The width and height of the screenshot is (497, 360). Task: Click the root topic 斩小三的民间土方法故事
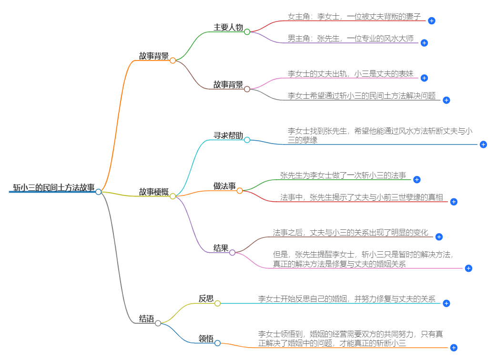pyautogui.click(x=53, y=187)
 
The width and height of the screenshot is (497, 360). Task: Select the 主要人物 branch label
pyautogui.click(x=228, y=27)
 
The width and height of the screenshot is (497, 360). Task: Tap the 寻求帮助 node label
pyautogui.click(x=228, y=135)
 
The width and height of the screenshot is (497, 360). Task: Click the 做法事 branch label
pyautogui.click(x=224, y=186)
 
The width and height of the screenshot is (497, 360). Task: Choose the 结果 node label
pyautogui.click(x=221, y=248)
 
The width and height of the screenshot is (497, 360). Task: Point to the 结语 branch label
pyautogui.click(x=146, y=319)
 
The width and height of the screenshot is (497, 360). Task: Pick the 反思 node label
pyautogui.click(x=206, y=299)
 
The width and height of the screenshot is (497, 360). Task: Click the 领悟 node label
pyautogui.click(x=206, y=339)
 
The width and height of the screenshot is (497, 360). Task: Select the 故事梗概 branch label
pyautogui.click(x=153, y=192)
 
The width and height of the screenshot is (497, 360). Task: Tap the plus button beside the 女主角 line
pyautogui.click(x=432, y=21)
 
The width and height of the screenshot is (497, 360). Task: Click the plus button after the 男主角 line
pyautogui.click(x=424, y=42)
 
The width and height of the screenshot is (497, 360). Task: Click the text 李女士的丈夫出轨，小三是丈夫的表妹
pyautogui.click(x=350, y=74)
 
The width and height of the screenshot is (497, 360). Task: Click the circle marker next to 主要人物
pyautogui.click(x=247, y=32)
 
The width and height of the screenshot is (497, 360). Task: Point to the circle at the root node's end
pyautogui.click(x=98, y=192)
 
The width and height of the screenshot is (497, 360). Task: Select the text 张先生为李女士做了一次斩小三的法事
pyautogui.click(x=343, y=175)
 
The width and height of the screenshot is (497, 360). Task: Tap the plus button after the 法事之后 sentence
pyautogui.click(x=439, y=237)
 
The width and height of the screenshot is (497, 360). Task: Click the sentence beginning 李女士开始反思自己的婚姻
pyautogui.click(x=347, y=299)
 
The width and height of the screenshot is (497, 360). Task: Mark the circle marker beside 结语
pyautogui.click(x=158, y=323)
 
